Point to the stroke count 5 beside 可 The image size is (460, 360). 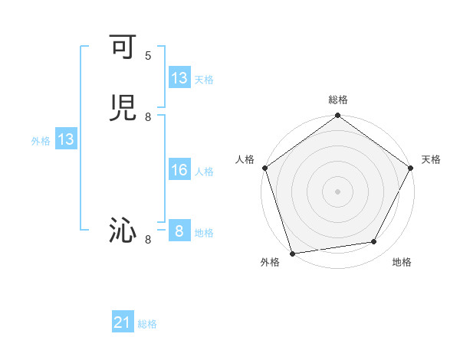[x=148, y=56]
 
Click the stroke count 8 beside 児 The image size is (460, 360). [x=148, y=116]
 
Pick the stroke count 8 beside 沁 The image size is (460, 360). [x=148, y=240]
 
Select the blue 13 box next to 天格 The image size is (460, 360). [x=179, y=78]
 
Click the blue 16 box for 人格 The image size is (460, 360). [x=179, y=170]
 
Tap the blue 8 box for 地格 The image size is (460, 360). [x=179, y=231]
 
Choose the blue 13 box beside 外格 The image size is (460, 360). [x=65, y=140]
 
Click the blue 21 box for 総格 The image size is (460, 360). [x=123, y=323]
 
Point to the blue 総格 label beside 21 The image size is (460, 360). [x=147, y=324]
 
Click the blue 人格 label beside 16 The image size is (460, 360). [x=205, y=172]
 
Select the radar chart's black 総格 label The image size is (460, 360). [x=337, y=100]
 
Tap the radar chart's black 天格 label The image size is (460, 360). [x=431, y=159]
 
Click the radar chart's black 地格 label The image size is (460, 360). [x=402, y=263]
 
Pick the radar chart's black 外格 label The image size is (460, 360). [x=270, y=263]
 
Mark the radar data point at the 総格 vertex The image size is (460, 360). [x=337, y=116]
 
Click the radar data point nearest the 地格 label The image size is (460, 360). [x=374, y=242]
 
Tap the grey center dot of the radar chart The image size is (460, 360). [x=337, y=191]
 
